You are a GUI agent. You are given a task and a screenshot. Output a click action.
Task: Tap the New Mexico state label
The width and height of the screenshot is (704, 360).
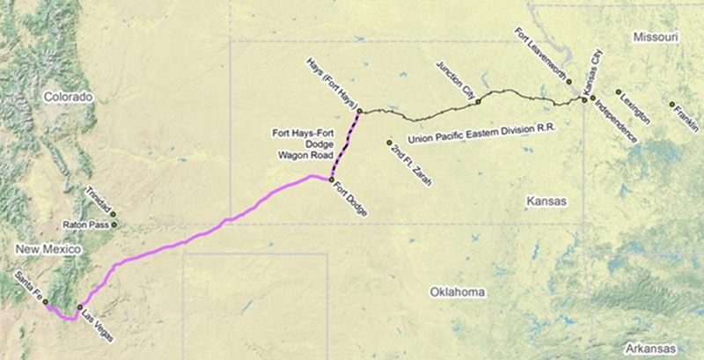48,251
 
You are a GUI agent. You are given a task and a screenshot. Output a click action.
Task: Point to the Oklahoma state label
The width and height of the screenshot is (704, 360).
457,290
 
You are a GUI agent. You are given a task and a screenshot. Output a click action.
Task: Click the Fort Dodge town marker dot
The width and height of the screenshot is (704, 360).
331,180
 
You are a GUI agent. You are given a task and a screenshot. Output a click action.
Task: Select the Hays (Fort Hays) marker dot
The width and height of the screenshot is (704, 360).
359,111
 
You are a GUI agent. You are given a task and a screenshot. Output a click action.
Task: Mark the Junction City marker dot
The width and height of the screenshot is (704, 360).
478,101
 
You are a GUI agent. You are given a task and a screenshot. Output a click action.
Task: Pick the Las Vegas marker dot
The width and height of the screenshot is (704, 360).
80,307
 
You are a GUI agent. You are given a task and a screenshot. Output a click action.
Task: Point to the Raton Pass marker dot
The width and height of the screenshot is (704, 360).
114,224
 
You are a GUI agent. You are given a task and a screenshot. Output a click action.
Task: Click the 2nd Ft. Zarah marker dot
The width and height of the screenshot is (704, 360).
388,142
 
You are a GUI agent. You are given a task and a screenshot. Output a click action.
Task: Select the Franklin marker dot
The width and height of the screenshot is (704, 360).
672,105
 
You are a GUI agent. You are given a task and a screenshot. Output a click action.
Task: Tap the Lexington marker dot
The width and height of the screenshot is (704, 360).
619,92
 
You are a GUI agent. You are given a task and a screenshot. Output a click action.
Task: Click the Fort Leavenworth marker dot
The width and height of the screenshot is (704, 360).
568,81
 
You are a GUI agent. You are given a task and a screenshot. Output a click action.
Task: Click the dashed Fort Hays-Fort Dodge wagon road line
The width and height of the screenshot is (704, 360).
345,146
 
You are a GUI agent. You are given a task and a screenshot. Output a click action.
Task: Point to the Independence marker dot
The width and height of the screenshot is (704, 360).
593,98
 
